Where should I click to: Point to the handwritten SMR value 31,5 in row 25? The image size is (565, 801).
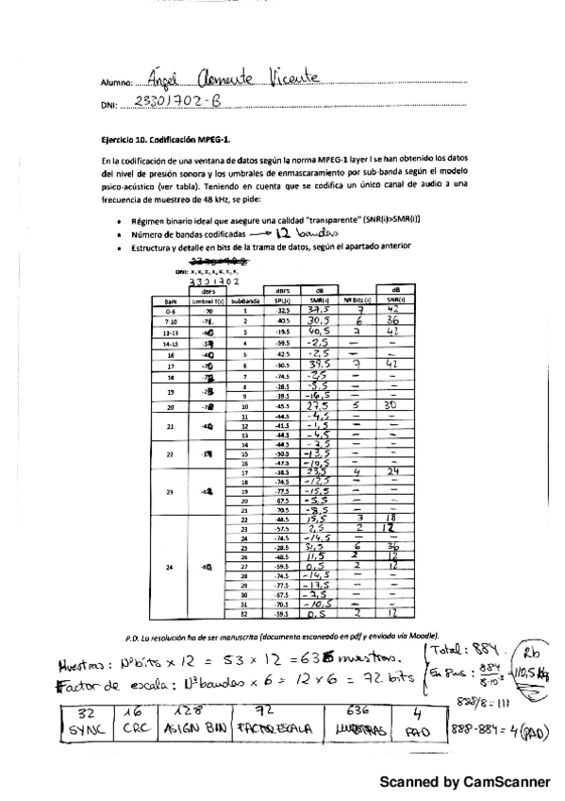(318, 548)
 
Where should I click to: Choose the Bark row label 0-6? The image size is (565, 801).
(169, 310)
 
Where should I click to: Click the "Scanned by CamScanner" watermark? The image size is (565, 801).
(464, 782)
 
